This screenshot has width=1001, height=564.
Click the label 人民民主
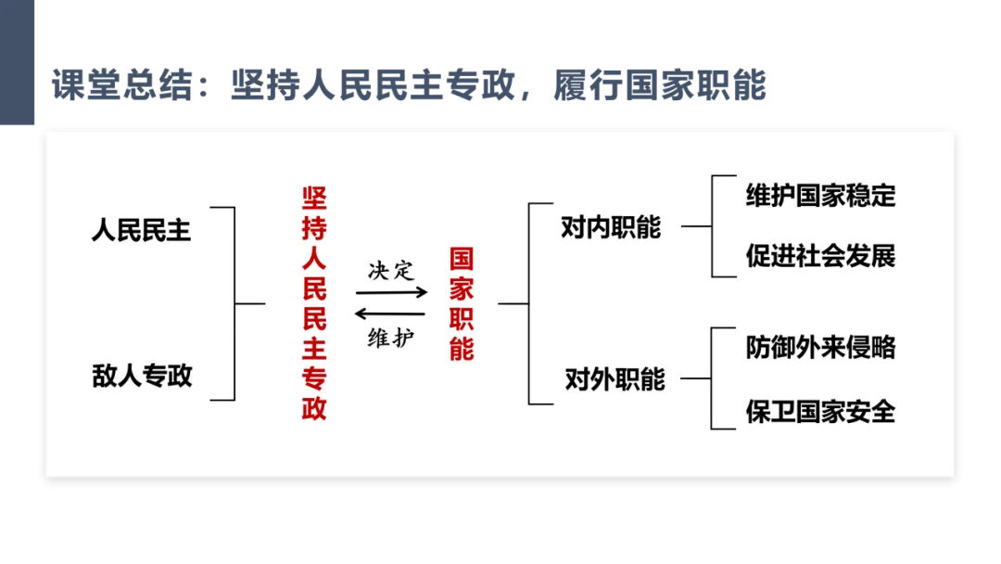pos(141,229)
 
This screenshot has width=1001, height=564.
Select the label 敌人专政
pos(142,375)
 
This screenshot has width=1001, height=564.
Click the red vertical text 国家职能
pos(462,303)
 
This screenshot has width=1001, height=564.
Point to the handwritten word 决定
pos(390,270)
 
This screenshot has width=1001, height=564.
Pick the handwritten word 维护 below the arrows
pos(390,339)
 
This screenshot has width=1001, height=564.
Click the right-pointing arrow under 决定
pos(391,291)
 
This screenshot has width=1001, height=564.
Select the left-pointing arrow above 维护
pos(390,314)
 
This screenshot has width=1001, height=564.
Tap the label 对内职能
pos(610,226)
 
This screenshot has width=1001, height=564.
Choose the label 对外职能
pos(615,378)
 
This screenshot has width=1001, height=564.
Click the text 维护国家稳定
pos(820,195)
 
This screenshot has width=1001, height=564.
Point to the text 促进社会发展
pos(820,255)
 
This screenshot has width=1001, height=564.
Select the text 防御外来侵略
pos(820,347)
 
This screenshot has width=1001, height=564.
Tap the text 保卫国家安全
pos(820,410)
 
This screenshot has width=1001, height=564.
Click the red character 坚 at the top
pos(315,199)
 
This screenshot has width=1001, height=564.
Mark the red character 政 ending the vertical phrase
pos(315,408)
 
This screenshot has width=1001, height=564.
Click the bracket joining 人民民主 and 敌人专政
pos(234,303)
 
